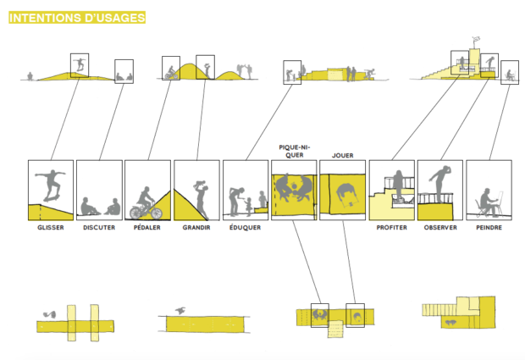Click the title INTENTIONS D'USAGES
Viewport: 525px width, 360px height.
(x=76, y=16)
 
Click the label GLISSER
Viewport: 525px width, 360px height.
(x=51, y=227)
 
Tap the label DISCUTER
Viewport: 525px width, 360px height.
(x=99, y=227)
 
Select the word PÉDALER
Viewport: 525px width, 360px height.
(x=147, y=227)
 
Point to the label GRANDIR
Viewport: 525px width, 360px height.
(x=196, y=227)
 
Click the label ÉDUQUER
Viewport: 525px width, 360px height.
(x=246, y=227)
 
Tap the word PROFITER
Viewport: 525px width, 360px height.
(x=391, y=227)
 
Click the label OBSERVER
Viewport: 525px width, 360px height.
(x=439, y=227)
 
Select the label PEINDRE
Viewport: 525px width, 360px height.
(x=488, y=227)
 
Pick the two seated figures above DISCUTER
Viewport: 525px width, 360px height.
(x=100, y=206)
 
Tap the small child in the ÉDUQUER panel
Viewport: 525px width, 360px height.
(x=247, y=205)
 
